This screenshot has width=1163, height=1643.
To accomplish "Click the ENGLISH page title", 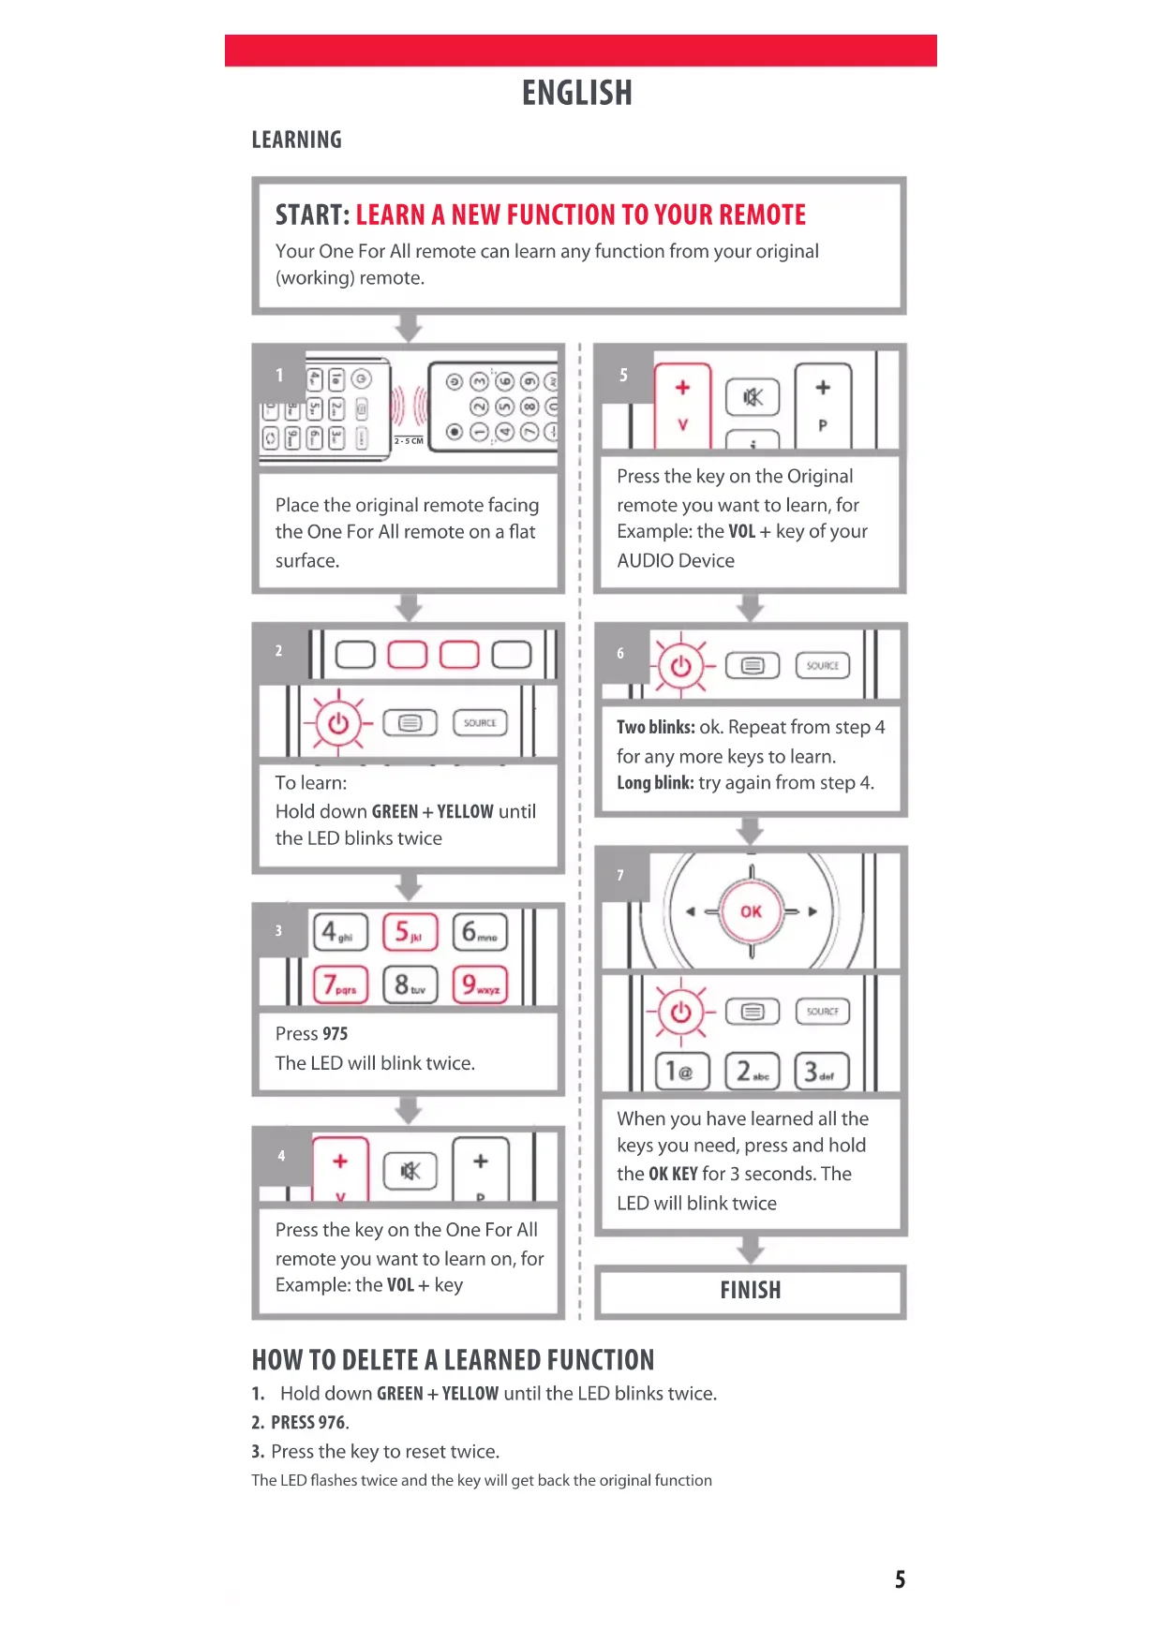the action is (x=577, y=94).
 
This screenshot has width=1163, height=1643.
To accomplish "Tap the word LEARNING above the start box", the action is (x=296, y=141).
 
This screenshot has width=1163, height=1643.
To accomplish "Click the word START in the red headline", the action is (x=311, y=215).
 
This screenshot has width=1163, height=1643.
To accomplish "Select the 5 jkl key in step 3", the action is (x=410, y=932).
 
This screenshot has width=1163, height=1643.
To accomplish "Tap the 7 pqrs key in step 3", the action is (x=340, y=985).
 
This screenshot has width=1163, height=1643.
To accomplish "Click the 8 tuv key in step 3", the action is (x=410, y=985).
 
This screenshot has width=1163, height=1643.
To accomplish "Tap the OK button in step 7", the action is (x=751, y=911).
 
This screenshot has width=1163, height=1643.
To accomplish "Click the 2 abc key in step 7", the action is (x=752, y=1072).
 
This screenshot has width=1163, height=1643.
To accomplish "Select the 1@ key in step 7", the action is (x=681, y=1072).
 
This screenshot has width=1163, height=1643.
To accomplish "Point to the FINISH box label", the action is (x=751, y=1291).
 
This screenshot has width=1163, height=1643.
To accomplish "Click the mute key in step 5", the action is (x=753, y=398).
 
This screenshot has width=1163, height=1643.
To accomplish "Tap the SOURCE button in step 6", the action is (x=823, y=666).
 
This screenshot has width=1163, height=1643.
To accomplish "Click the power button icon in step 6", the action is (x=681, y=666).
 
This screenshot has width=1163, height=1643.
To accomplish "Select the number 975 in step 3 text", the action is (x=335, y=1034).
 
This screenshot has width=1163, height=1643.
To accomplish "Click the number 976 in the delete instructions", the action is (x=333, y=1423).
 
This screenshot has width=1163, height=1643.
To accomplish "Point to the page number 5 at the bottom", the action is (x=900, y=1580).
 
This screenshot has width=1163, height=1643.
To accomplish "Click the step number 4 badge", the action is (x=281, y=1156).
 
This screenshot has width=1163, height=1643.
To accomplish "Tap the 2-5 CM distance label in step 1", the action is (x=409, y=440).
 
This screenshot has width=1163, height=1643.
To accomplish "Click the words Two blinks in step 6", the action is (x=655, y=728).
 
